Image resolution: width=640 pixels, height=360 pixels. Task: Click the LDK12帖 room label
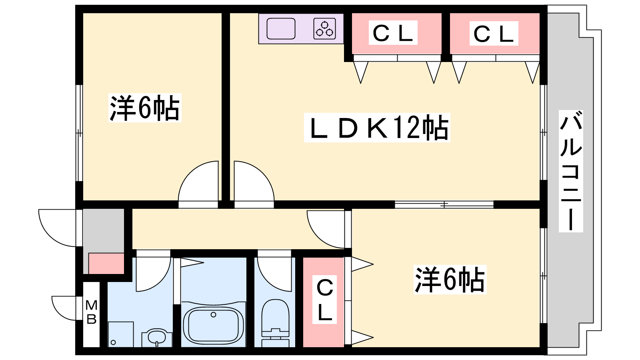pyautogui.click(x=377, y=128)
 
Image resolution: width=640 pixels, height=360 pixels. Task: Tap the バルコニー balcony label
pyautogui.click(x=570, y=171)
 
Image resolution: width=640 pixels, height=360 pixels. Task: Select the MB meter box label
pyautogui.click(x=92, y=312)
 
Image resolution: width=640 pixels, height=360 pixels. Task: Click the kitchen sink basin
pyautogui.click(x=281, y=28)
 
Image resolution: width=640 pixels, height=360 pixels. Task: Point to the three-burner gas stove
pyautogui.click(x=324, y=28)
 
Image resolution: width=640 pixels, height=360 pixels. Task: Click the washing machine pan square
pyautogui.click(x=120, y=334)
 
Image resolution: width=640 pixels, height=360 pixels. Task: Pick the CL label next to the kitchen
pyautogui.click(x=393, y=32)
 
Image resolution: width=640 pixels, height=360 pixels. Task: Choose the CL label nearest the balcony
pyautogui.click(x=494, y=34)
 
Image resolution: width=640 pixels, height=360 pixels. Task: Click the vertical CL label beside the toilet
pyautogui.click(x=324, y=300)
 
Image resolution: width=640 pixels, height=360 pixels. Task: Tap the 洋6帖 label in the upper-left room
pyautogui.click(x=144, y=108)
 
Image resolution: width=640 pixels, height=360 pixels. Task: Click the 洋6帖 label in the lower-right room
pyautogui.click(x=450, y=280)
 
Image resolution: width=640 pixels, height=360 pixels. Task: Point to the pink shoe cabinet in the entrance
pyautogui.click(x=106, y=264)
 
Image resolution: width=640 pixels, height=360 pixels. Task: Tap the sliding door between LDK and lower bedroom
pyautogui.click(x=444, y=204)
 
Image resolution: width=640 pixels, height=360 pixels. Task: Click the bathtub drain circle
pyautogui.click(x=213, y=315)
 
